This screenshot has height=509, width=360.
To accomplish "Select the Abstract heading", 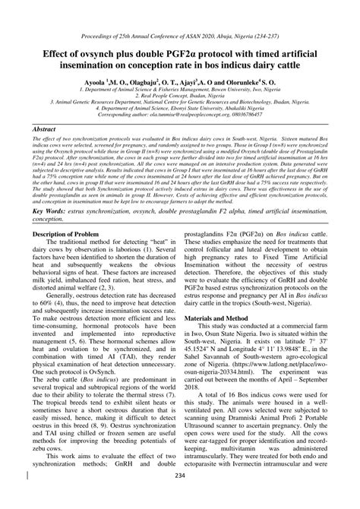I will (46, 131).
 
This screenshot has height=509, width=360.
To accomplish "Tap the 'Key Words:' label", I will (48, 210).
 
